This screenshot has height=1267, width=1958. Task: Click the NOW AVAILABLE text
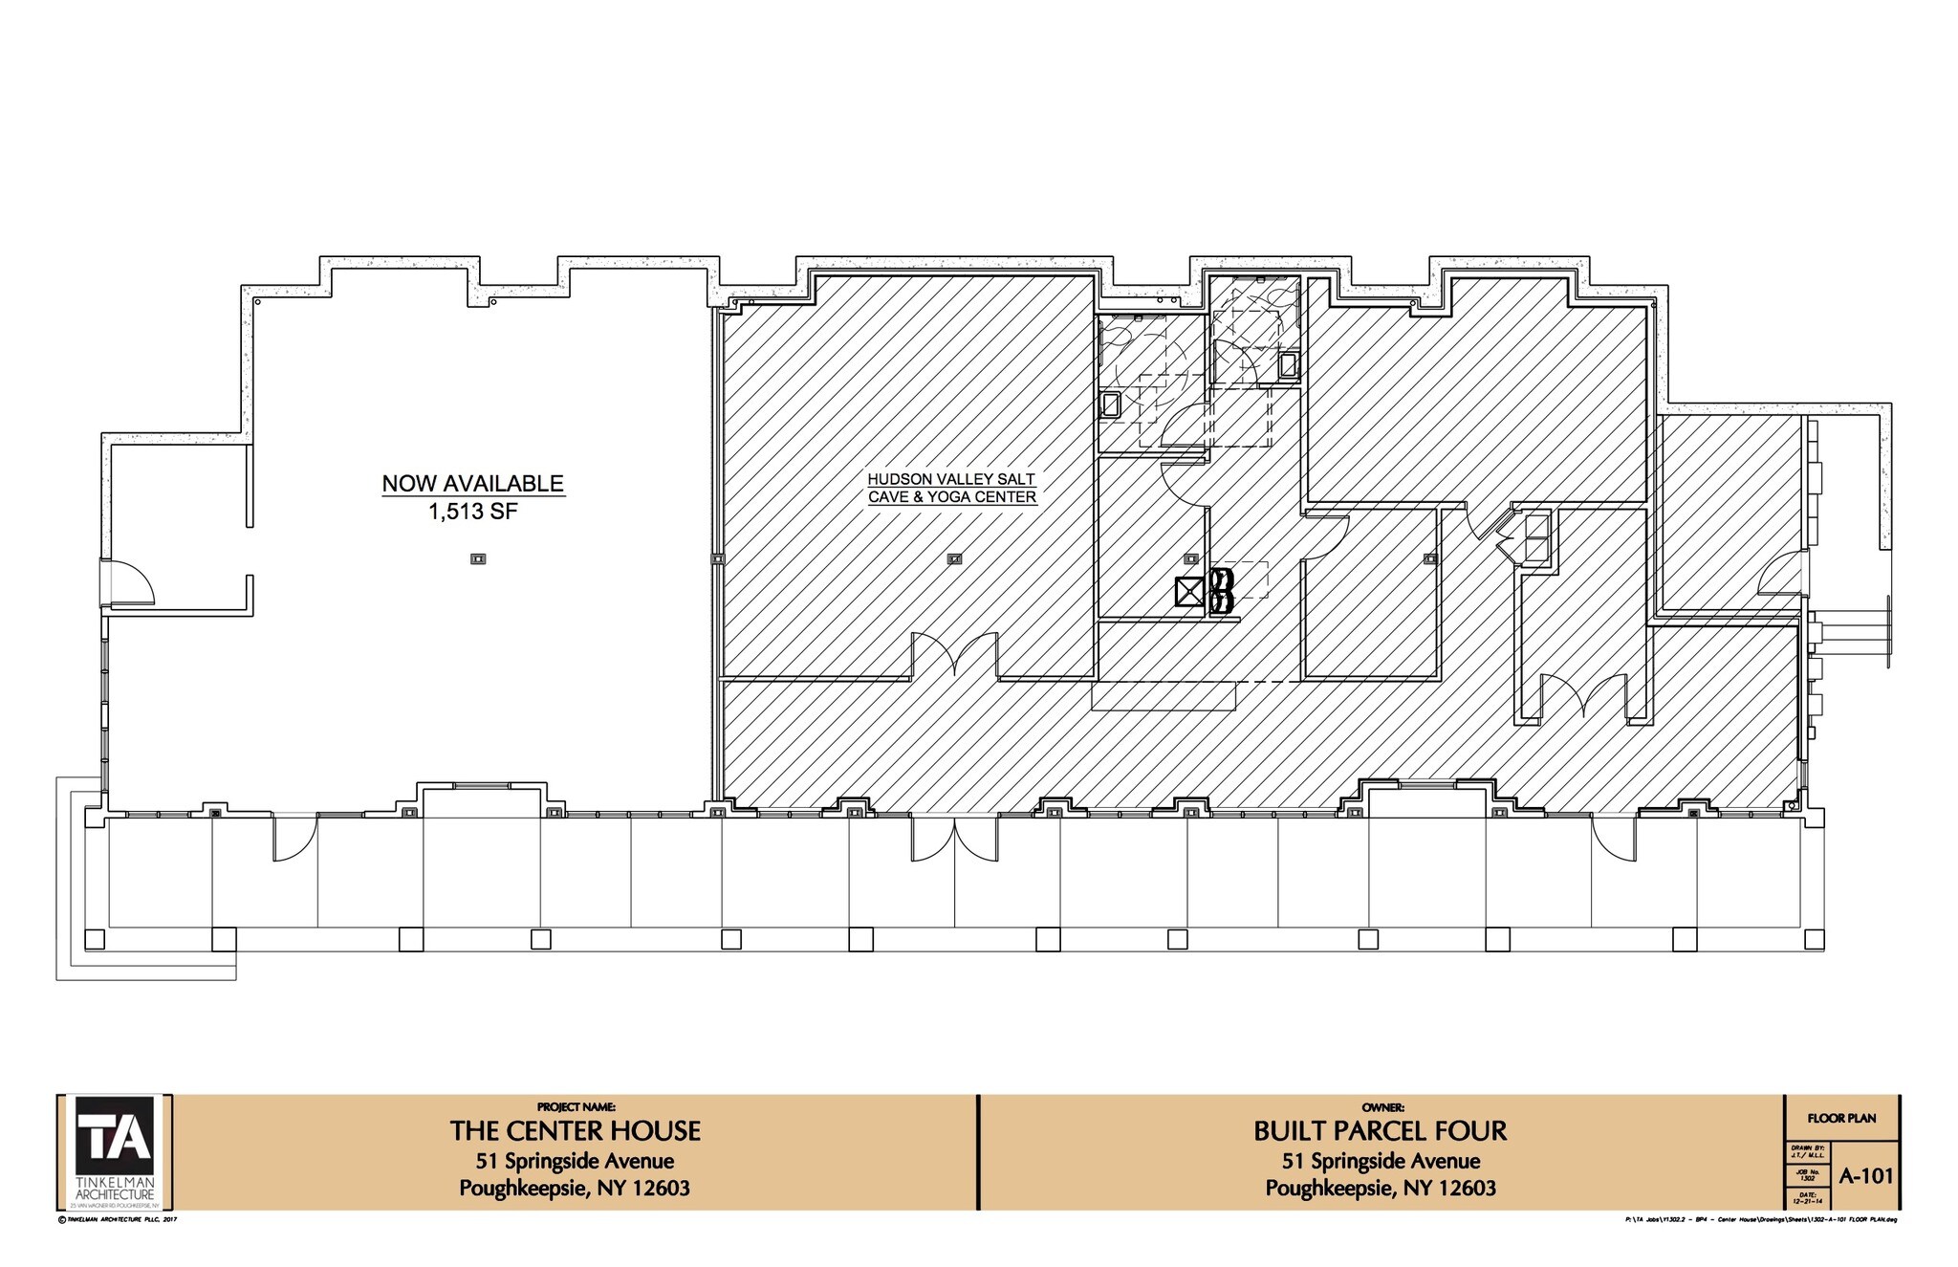tap(472, 483)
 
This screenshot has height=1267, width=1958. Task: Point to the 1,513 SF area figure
tap(472, 512)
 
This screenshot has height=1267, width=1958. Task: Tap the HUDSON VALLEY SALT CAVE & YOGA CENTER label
tap(951, 488)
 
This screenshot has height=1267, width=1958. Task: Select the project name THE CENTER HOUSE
tap(575, 1131)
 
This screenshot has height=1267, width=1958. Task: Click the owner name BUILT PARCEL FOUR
tap(1380, 1131)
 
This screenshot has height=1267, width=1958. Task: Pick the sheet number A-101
tap(1865, 1176)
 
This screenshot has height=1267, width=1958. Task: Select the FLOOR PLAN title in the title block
tap(1841, 1118)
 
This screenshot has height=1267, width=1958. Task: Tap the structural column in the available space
tap(478, 559)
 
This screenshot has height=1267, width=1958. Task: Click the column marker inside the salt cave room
tap(954, 559)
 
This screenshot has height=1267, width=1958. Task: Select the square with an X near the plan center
tap(1189, 593)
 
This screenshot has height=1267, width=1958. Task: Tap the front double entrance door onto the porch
tap(953, 837)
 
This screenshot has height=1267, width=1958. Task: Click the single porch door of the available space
tap(294, 837)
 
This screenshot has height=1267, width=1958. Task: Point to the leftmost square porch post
tap(95, 939)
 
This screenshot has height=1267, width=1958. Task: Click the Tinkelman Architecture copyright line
tap(119, 1219)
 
